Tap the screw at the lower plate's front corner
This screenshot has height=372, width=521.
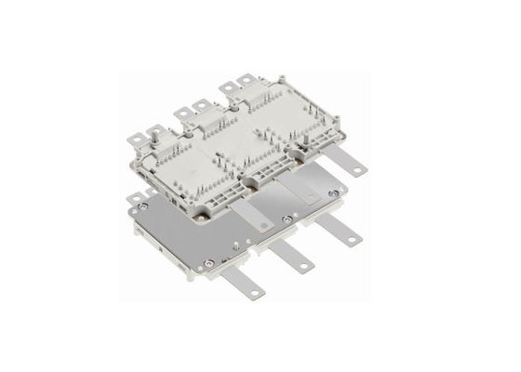click(x=196, y=276)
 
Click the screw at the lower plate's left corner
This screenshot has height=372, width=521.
click(x=139, y=201)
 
